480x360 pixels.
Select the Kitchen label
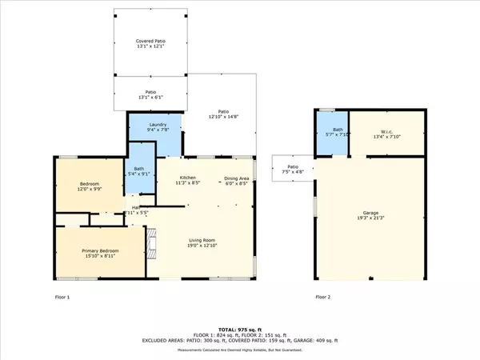[x=187, y=177]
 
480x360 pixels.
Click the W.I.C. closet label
[x=386, y=120]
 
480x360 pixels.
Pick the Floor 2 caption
[x=322, y=297]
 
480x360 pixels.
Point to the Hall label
[x=136, y=210]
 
